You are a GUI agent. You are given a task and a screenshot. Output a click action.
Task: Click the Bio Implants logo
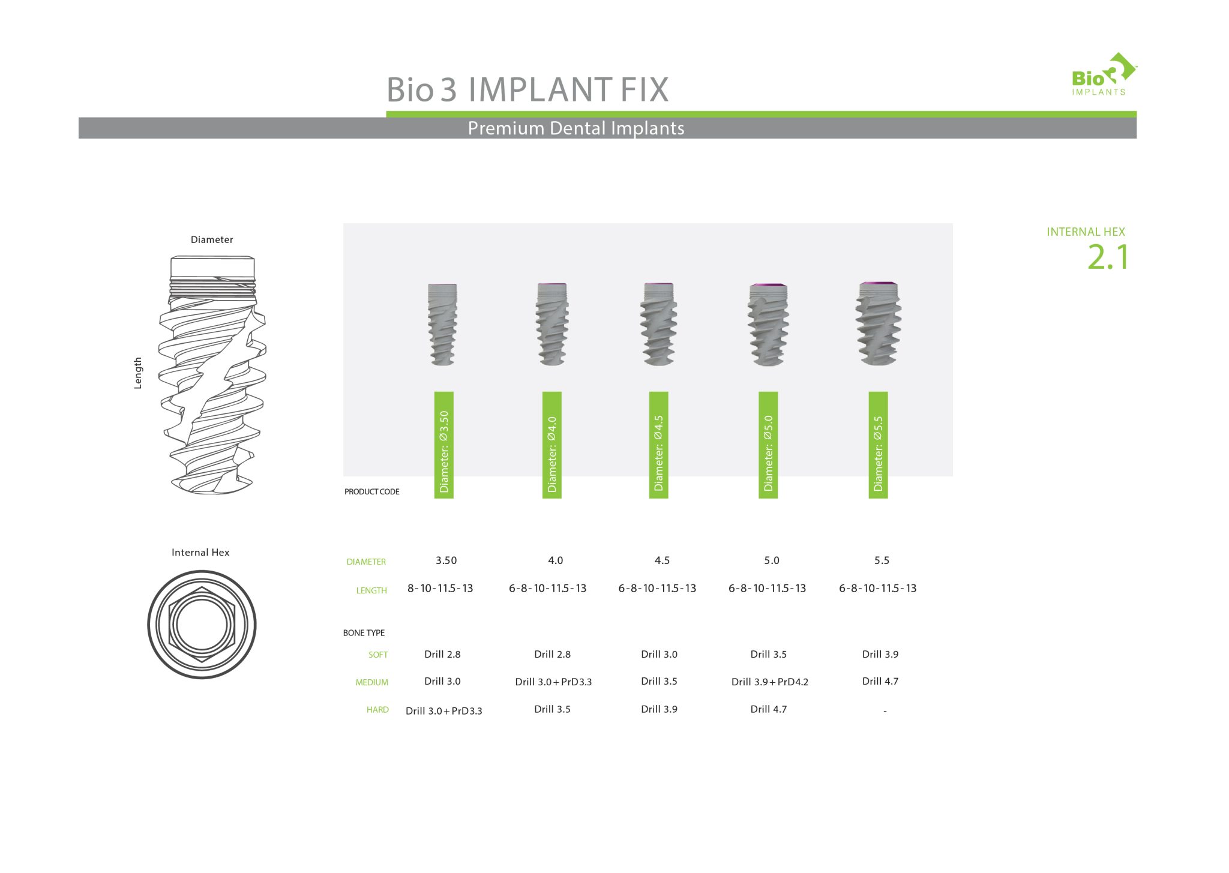point(1102,75)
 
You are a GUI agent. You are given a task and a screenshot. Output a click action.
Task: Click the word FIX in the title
point(644,90)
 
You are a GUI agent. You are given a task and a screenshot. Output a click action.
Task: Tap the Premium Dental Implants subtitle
point(575,128)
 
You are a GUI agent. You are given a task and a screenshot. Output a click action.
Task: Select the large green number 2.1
point(1108,257)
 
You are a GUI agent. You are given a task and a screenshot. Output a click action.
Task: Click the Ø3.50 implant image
point(443,324)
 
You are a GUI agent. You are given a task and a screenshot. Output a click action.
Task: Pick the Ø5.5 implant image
point(878,324)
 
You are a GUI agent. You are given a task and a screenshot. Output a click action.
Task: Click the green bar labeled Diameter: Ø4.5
point(658,445)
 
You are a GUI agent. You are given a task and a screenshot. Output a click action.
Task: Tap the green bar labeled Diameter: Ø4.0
point(551,445)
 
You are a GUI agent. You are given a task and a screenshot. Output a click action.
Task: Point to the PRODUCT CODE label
point(371,491)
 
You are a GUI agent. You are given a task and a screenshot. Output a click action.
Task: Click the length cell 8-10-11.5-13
point(440,589)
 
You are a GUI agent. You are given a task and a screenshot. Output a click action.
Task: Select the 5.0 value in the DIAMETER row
point(771,560)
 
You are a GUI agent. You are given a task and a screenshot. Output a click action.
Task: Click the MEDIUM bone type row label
point(371,682)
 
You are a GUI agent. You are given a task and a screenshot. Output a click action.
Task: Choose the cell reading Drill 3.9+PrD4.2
point(769,682)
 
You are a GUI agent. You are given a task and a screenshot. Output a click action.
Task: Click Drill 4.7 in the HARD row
point(768,709)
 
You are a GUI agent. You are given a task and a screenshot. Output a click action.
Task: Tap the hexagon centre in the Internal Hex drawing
point(202,625)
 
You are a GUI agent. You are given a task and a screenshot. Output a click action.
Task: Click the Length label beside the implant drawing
point(138,373)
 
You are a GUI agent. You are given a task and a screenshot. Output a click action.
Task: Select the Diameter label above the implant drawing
point(211,240)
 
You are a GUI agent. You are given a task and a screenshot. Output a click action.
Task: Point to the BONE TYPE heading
point(364,633)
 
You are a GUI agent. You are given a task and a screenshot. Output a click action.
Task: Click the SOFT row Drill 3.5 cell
point(768,655)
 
